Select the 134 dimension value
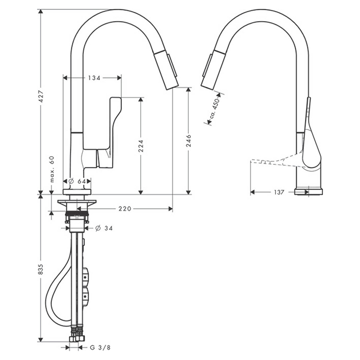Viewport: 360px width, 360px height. click(93, 78)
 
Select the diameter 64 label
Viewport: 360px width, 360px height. click(78, 181)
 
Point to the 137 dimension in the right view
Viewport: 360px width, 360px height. click(279, 192)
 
